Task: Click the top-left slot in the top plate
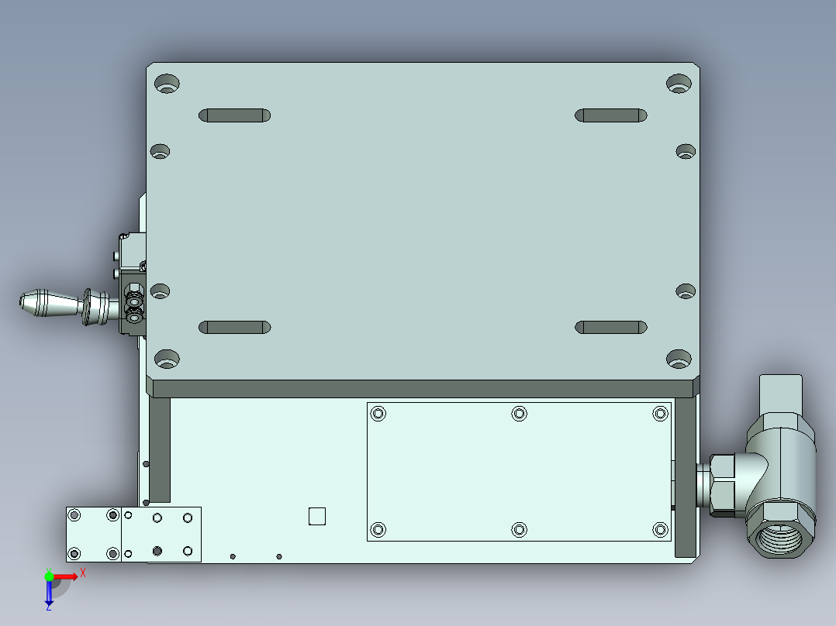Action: coord(234,115)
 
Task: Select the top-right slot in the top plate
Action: coord(611,115)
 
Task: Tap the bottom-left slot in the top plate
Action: coord(234,327)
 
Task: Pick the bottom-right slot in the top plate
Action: coord(611,327)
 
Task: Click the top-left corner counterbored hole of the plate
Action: coord(167,83)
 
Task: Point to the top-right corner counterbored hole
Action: coord(679,83)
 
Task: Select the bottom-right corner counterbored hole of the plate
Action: coord(679,359)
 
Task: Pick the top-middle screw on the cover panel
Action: coord(519,414)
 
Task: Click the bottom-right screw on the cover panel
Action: coord(660,529)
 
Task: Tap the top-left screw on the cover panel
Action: coord(378,414)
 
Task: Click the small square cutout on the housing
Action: coord(317,516)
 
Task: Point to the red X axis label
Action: coord(82,573)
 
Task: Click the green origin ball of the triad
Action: coord(50,576)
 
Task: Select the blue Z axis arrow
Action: coord(49,595)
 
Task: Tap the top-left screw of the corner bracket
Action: coord(74,516)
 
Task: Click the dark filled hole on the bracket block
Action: coord(157,551)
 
